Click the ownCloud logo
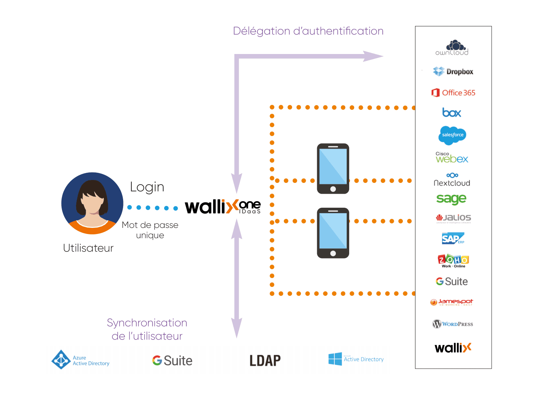tap(452, 48)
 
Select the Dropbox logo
tap(453, 72)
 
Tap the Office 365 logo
tap(453, 93)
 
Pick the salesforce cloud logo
tap(453, 135)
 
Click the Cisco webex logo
tap(452, 158)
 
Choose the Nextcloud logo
tap(452, 179)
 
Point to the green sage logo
tap(451, 199)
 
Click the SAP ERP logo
tap(453, 238)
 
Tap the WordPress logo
tap(453, 324)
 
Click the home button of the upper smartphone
tap(333, 189)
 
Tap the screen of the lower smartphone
tap(333, 230)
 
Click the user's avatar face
tap(92, 202)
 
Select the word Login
tap(147, 187)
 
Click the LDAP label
tap(265, 360)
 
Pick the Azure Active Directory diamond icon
tap(61, 359)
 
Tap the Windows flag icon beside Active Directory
tap(335, 359)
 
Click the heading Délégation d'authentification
tap(308, 31)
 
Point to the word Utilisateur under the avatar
tap(88, 248)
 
